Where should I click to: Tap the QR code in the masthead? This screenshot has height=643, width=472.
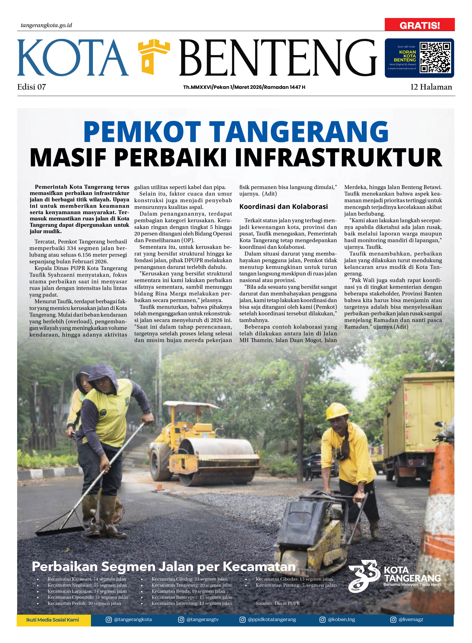click(x=435, y=58)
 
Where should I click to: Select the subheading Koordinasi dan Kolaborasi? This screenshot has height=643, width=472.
click(x=283, y=207)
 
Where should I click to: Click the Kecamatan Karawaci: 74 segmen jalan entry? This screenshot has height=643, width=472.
click(x=87, y=579)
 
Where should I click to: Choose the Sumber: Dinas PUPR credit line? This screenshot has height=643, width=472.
click(x=278, y=603)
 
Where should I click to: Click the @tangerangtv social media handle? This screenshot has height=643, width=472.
click(x=202, y=620)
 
